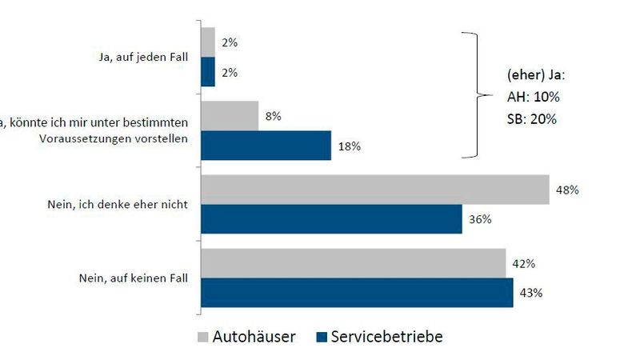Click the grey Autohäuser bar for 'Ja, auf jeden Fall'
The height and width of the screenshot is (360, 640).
click(208, 42)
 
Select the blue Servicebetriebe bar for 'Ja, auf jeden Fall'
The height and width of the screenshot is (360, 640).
click(208, 72)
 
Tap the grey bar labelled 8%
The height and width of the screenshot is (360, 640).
click(230, 116)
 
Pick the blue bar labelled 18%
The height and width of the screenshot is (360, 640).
click(266, 146)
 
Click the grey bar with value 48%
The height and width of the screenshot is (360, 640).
click(374, 190)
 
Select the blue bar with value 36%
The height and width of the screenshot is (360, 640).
click(331, 219)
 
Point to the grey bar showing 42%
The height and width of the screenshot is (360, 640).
click(353, 263)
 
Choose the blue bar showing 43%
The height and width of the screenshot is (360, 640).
click(357, 292)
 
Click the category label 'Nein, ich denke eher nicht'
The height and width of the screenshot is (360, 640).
click(118, 205)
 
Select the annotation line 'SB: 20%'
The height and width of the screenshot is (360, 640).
click(531, 119)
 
